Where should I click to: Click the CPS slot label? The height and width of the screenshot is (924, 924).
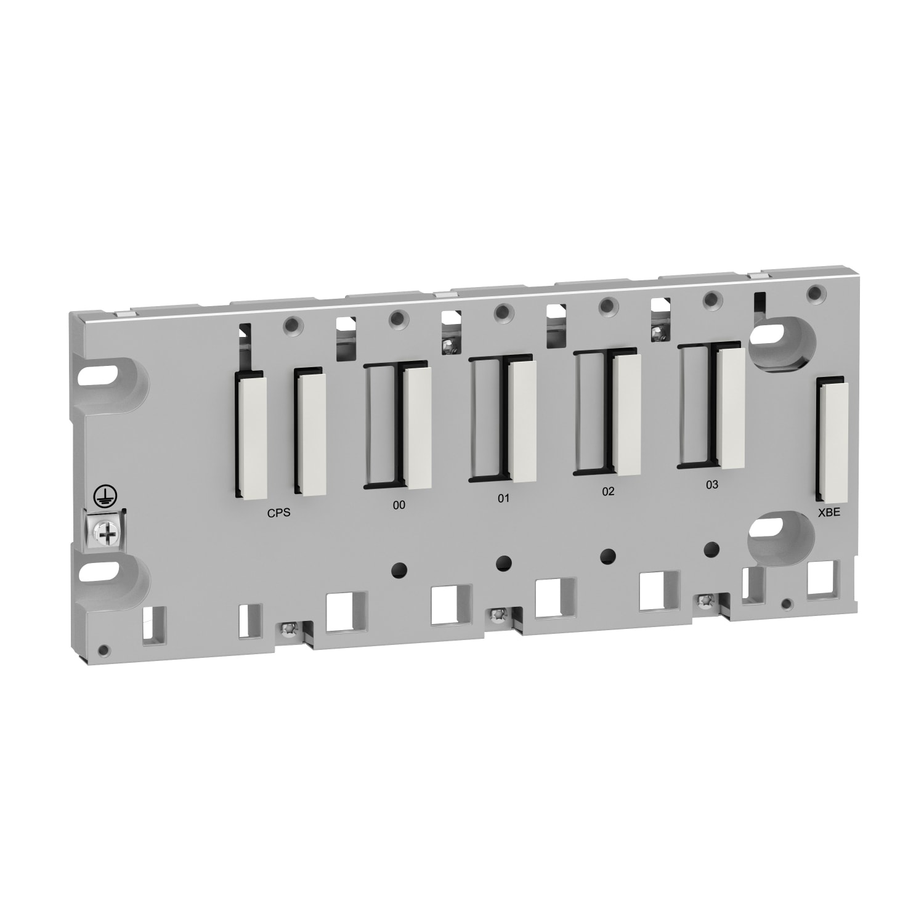pos(278,513)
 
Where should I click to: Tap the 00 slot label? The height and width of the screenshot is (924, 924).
pos(399,505)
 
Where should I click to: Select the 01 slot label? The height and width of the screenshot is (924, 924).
pos(504,498)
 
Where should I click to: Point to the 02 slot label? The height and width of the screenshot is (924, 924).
pos(608,492)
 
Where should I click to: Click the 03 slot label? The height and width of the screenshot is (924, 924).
pos(711,485)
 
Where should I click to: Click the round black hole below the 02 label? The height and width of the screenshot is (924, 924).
pos(608,555)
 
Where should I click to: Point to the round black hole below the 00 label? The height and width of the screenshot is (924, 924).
pos(399,569)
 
